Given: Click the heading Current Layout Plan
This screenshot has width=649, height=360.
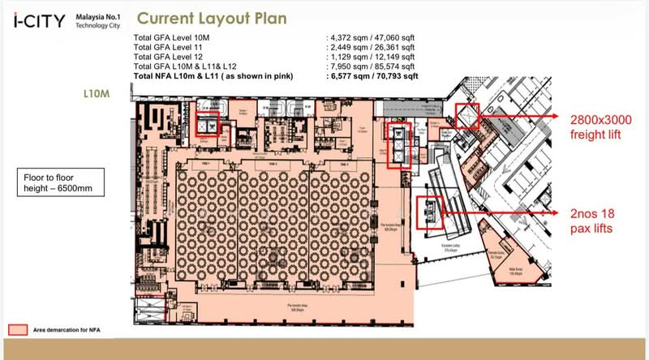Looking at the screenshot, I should tap(210, 19).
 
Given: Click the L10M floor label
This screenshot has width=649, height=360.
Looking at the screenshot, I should tap(96, 94).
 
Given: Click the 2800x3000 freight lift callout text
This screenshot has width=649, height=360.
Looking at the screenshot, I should tap(600, 127).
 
